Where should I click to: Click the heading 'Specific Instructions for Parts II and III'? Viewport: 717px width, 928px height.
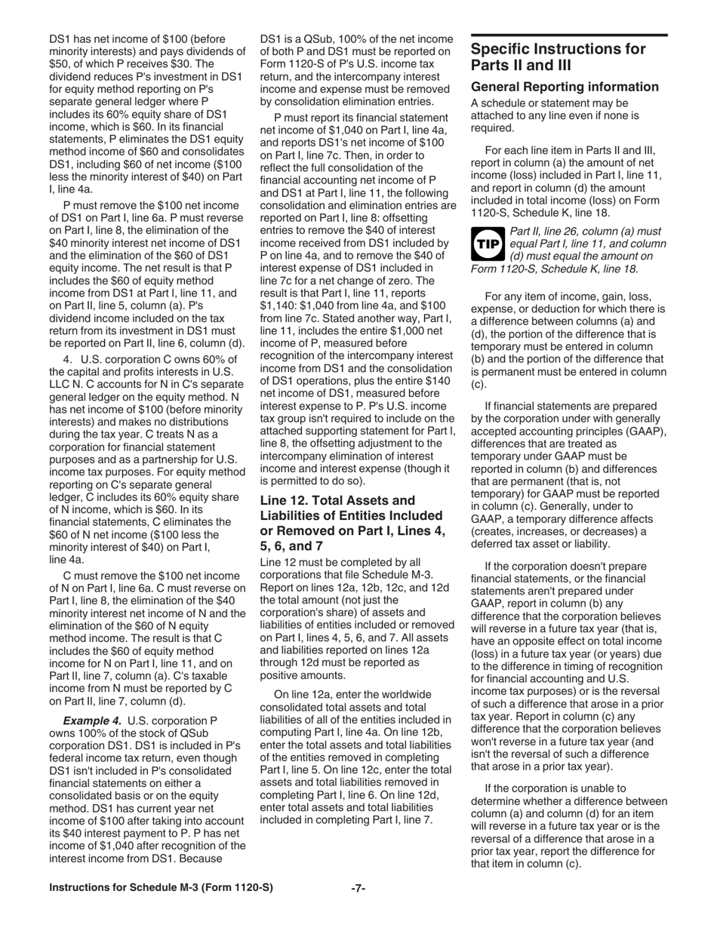coord(558,57)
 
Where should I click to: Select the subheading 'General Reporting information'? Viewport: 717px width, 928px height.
coord(565,87)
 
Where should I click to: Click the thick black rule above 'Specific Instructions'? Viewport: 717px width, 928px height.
coord(568,35)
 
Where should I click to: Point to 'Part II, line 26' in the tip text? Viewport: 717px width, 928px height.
coord(549,231)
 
